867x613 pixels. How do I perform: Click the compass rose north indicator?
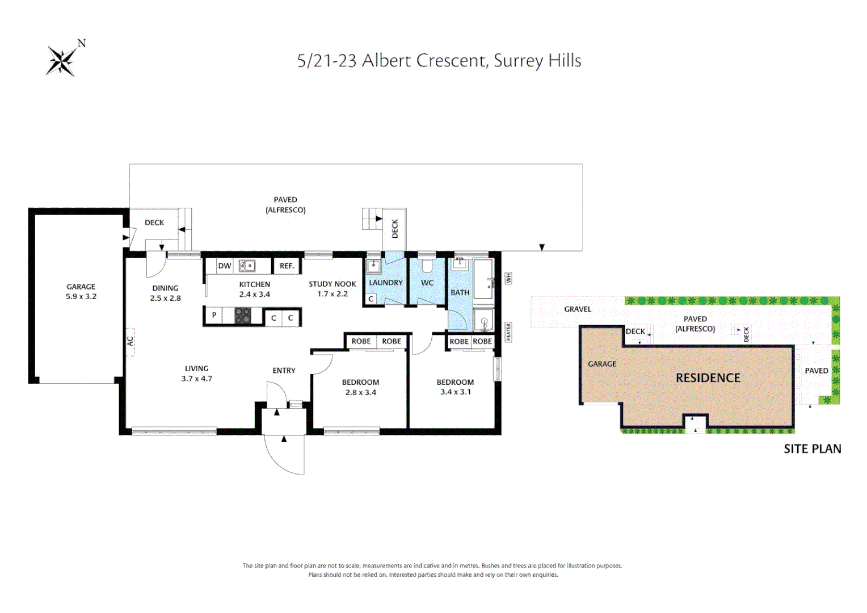tap(62, 60)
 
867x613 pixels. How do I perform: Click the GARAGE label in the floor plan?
tap(81, 287)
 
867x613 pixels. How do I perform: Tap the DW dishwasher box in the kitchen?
tap(225, 266)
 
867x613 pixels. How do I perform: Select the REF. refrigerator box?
tap(287, 266)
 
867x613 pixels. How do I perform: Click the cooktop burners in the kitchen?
tap(243, 316)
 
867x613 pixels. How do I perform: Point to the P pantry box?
tap(214, 316)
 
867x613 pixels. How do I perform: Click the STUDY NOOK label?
tap(332, 284)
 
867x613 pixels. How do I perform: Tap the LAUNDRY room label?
tap(386, 283)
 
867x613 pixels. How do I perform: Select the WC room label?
tap(427, 283)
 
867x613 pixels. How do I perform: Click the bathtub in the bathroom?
tap(484, 279)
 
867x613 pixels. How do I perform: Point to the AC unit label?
tap(130, 341)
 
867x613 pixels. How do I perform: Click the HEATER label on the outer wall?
tap(508, 331)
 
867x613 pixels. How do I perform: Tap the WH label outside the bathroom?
tap(508, 278)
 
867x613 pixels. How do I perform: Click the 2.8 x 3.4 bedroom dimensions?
tap(360, 392)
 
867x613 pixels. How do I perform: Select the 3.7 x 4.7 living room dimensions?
tap(196, 379)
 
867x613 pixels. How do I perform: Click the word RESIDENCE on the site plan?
tap(708, 378)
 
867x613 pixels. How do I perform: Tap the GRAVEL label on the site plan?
tap(578, 309)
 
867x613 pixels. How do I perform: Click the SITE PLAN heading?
tap(812, 449)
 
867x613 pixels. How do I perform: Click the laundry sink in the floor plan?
tap(373, 266)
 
